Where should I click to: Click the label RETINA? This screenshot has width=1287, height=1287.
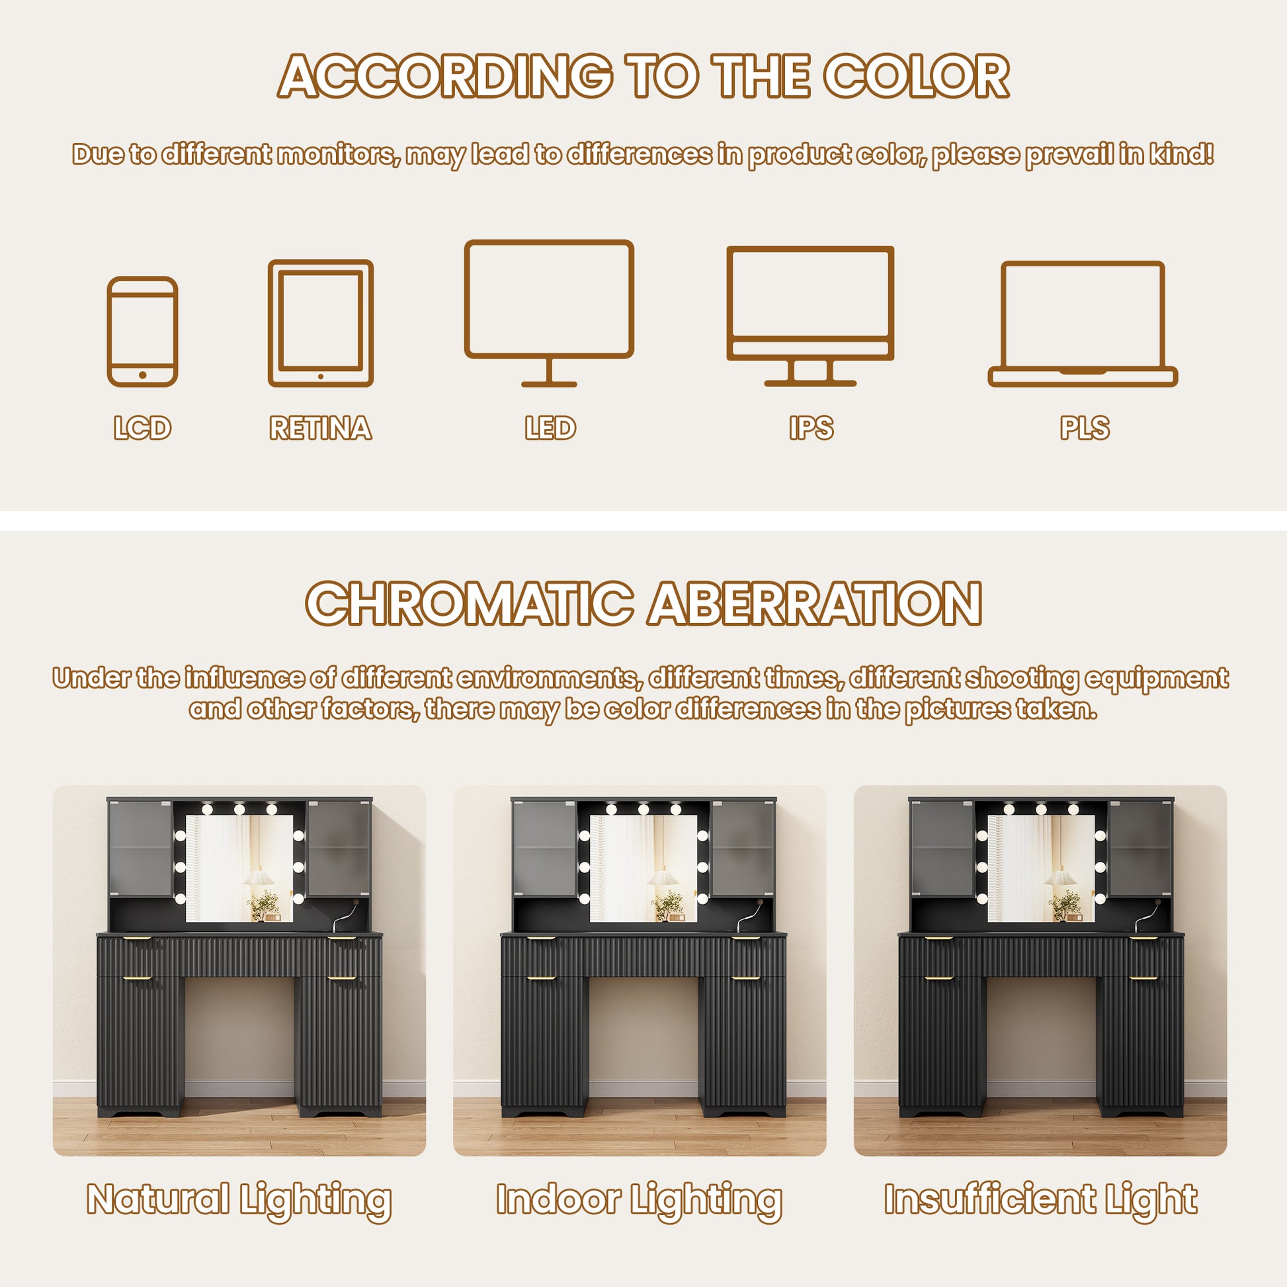click(x=320, y=428)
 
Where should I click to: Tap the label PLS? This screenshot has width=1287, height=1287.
click(x=1085, y=428)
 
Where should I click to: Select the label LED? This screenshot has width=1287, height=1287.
click(x=550, y=428)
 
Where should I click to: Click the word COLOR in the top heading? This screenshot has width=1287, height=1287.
click(x=917, y=76)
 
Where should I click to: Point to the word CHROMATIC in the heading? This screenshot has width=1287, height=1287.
click(x=470, y=604)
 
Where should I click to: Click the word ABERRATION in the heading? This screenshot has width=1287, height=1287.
click(x=815, y=604)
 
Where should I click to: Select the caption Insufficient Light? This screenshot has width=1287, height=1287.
click(x=1040, y=1200)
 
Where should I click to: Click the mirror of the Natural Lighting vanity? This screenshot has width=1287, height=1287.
click(x=239, y=868)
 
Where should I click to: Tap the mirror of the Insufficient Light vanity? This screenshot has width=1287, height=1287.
click(x=1040, y=868)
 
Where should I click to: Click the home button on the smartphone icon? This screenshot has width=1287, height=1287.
click(x=143, y=375)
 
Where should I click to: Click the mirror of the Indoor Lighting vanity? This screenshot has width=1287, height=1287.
click(x=643, y=868)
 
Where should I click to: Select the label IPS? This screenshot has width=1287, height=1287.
click(x=811, y=428)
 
